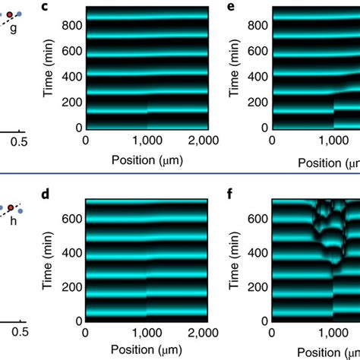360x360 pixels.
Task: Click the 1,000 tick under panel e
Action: tap(333, 141)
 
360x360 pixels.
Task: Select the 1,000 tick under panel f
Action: tap(333, 333)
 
